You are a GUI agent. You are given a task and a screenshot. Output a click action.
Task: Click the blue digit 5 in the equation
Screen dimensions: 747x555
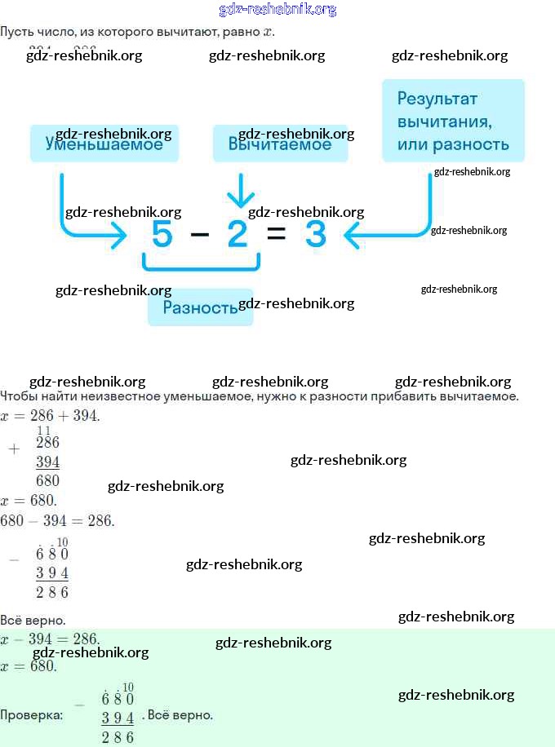pyautogui.click(x=162, y=236)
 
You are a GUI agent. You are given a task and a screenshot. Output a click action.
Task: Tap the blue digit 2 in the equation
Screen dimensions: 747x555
pyautogui.click(x=238, y=236)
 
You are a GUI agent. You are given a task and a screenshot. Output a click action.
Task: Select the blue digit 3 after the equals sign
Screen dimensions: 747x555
pyautogui.click(x=315, y=236)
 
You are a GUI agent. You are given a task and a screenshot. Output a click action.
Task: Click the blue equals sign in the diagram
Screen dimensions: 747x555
pyautogui.click(x=277, y=236)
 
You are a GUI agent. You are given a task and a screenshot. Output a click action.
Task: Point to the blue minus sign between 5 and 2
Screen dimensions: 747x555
pyautogui.click(x=199, y=236)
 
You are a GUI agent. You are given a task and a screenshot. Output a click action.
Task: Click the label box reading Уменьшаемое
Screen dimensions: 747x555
pyautogui.click(x=104, y=144)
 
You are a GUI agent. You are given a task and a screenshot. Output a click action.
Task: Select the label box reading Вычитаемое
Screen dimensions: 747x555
pyautogui.click(x=280, y=144)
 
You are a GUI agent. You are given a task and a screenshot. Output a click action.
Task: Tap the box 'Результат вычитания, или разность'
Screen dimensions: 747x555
pyautogui.click(x=453, y=121)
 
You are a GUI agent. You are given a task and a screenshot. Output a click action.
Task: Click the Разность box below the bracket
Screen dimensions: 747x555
pyautogui.click(x=200, y=307)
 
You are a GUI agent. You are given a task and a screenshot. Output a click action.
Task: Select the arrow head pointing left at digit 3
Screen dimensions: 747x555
pyautogui.click(x=353, y=236)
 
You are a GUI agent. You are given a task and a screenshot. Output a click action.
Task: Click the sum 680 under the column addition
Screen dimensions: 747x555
pyautogui.click(x=47, y=480)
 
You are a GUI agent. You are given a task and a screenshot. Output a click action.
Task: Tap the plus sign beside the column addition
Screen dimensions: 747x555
pyautogui.click(x=13, y=449)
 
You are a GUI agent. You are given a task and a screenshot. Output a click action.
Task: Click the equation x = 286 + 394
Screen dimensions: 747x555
pyautogui.click(x=50, y=416)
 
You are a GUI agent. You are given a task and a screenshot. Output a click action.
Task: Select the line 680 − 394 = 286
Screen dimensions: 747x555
pyautogui.click(x=57, y=520)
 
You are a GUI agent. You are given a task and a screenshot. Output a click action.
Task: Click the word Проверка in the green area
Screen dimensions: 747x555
pyautogui.click(x=31, y=715)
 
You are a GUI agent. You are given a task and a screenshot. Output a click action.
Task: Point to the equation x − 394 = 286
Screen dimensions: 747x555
pyautogui.click(x=50, y=639)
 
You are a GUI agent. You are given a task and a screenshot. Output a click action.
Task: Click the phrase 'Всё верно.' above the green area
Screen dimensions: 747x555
pyautogui.click(x=33, y=620)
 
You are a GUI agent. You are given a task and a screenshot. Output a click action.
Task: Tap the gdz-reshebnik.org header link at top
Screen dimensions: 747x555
pyautogui.click(x=277, y=10)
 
